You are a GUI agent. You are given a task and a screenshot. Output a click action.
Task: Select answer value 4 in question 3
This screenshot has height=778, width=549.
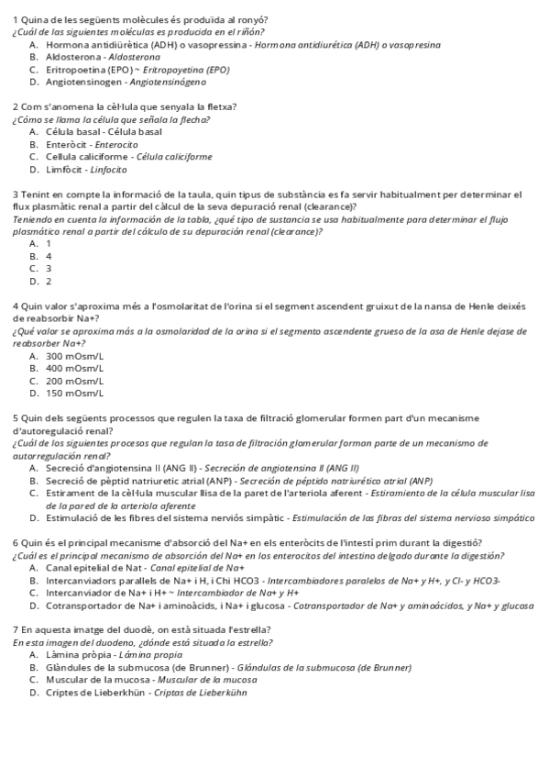tap(49, 256)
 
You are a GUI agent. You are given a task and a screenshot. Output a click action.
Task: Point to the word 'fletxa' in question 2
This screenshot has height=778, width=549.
tap(218, 107)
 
